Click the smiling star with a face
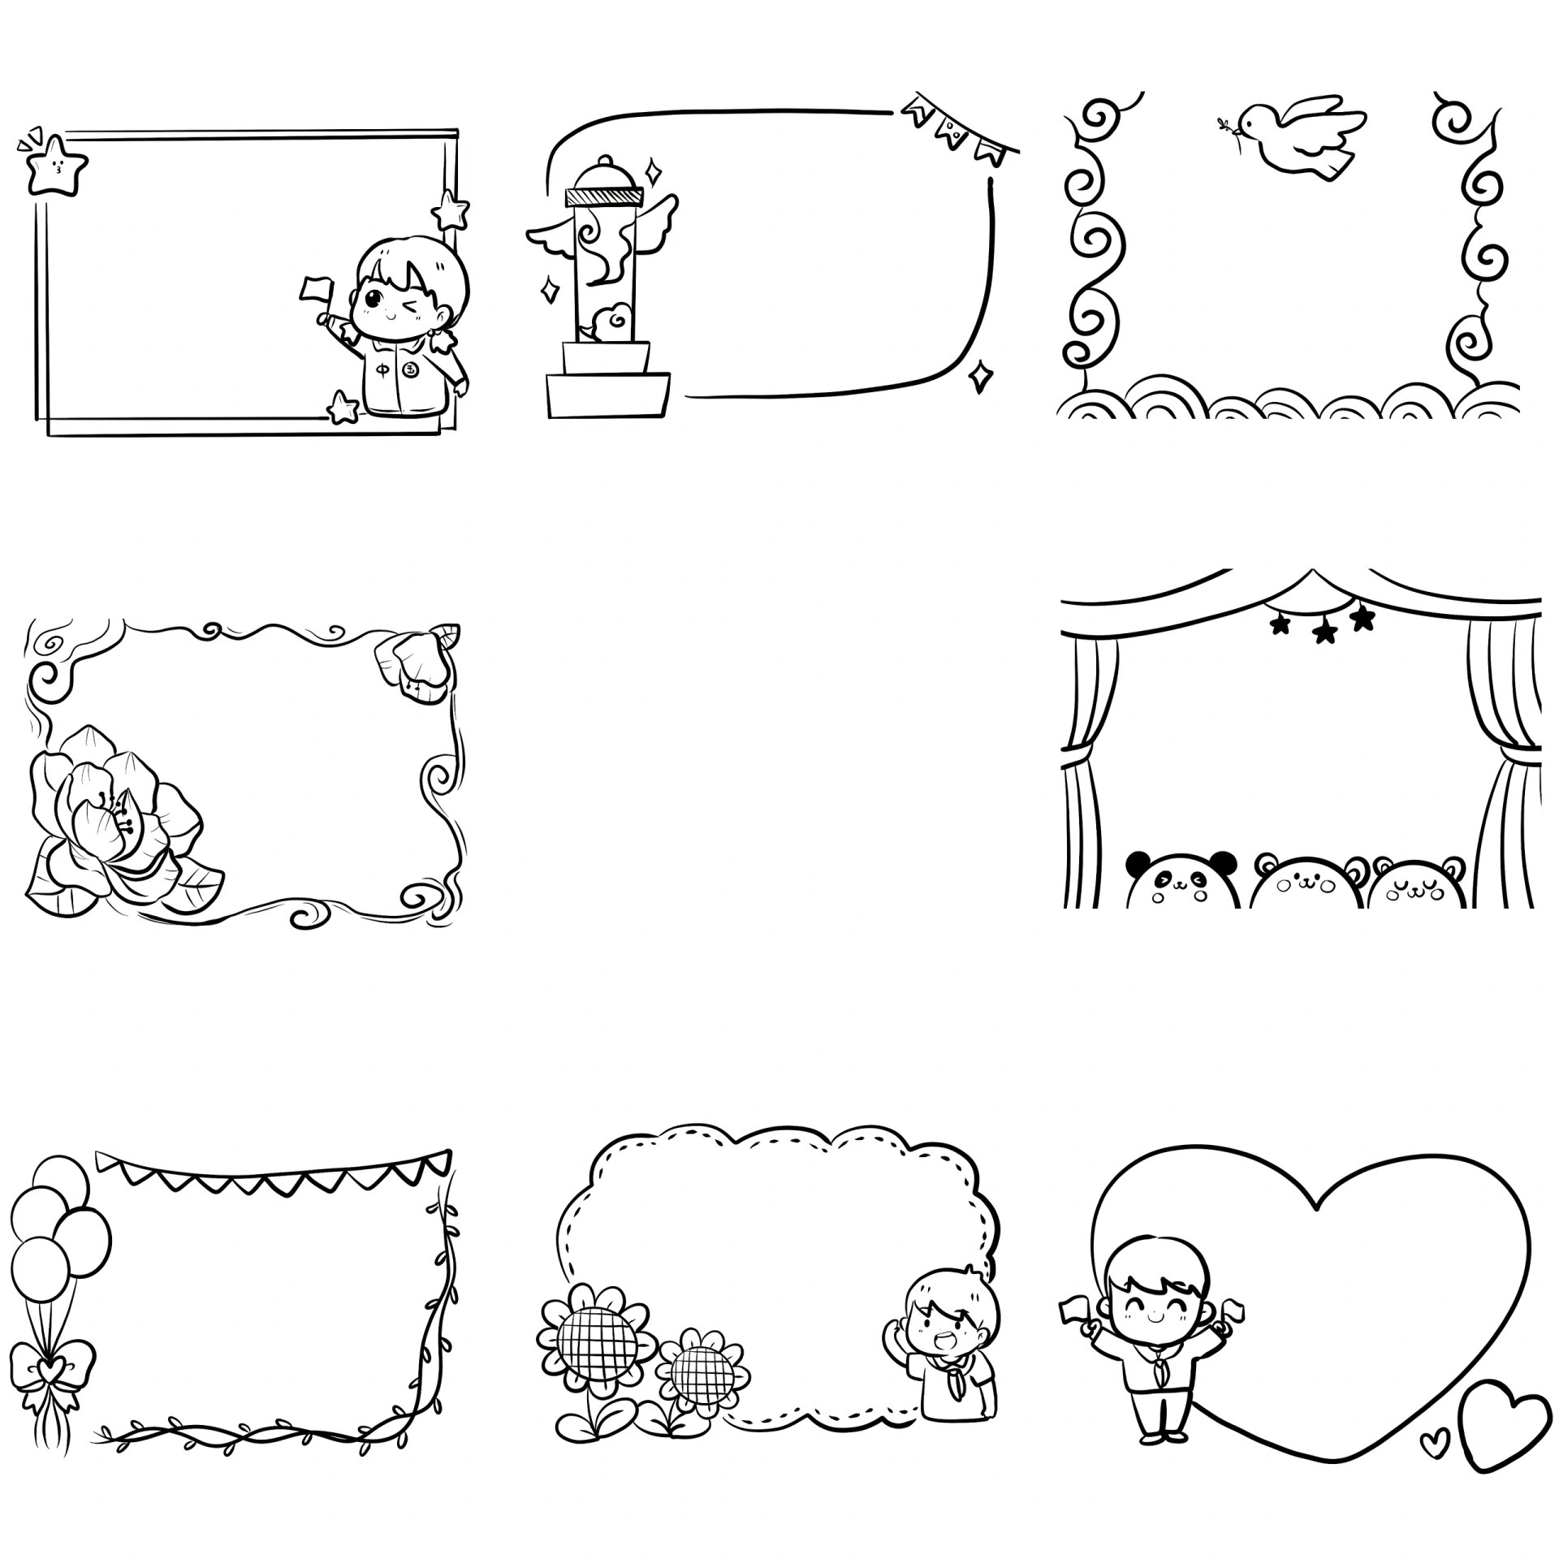(x=57, y=166)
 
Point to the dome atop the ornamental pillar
(x=604, y=173)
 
